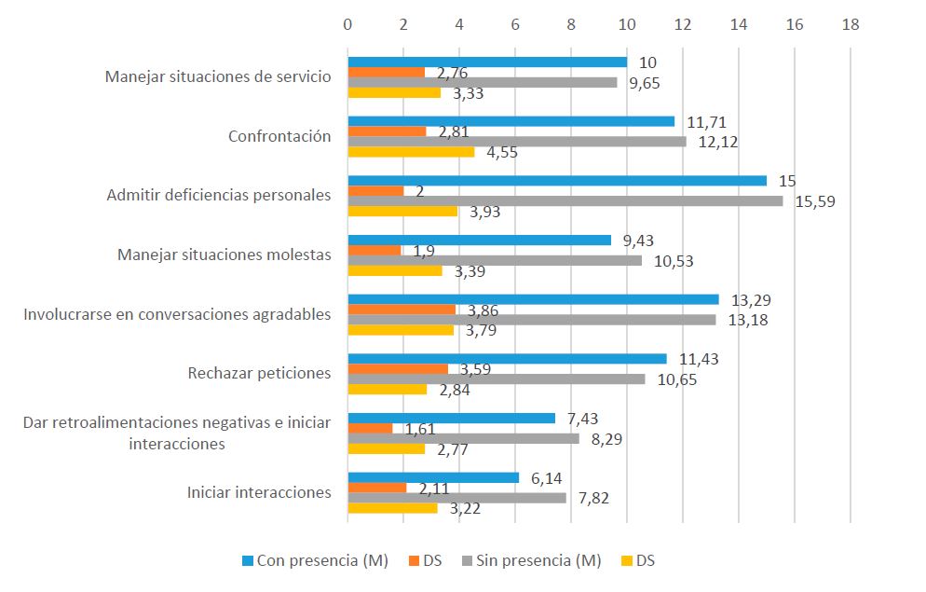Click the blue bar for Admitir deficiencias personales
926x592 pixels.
pos(557,181)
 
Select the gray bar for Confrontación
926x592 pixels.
pos(517,142)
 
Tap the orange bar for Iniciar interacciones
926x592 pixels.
pos(377,488)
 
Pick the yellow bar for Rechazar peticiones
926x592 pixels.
pos(388,389)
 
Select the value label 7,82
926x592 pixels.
pos(595,498)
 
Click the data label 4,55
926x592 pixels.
pos(503,152)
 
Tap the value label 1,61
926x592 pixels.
pos(419,429)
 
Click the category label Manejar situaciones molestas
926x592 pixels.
pos(224,255)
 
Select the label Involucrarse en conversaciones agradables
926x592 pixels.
pos(177,314)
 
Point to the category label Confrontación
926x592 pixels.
pos(279,136)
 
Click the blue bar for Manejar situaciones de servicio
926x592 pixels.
pos(487,62)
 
